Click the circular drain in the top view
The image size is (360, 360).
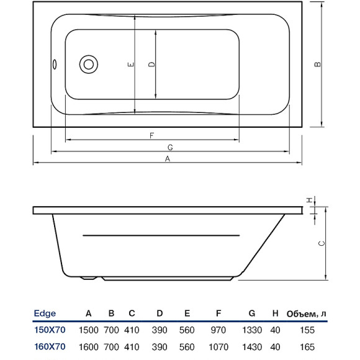pos(88,64)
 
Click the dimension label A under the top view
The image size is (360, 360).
pos(167,159)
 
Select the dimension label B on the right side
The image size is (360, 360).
pos(317,64)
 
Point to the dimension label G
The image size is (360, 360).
pos(169,146)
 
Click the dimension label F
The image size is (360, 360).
pos(151,135)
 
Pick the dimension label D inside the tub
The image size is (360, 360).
pos(151,64)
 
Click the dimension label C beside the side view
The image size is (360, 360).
pos(321,243)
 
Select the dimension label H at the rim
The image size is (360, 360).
pos(308,199)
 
